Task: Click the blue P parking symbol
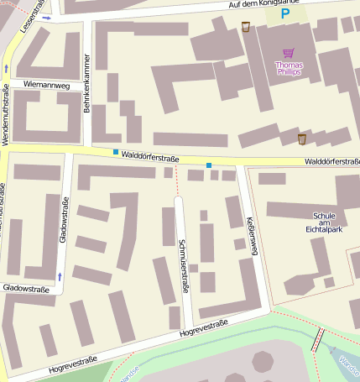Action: coord(285,14)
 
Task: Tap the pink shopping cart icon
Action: coord(289,52)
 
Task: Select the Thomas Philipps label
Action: coord(289,68)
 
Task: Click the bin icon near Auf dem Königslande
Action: coord(245,26)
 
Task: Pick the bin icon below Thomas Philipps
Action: coord(301,138)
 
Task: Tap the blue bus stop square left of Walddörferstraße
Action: coord(116,152)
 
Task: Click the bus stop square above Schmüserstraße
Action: coord(209,165)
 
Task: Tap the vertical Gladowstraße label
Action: coord(64,220)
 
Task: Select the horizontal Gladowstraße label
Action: coord(25,288)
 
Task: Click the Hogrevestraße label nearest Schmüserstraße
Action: coord(203,328)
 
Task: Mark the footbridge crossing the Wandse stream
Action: coord(317,340)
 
